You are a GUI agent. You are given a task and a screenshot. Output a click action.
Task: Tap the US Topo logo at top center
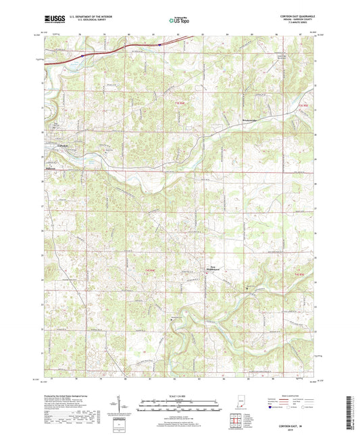click(180, 20)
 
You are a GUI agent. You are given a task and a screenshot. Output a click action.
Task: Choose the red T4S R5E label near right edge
click(301, 275)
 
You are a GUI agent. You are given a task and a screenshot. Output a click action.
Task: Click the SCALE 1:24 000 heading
click(180, 396)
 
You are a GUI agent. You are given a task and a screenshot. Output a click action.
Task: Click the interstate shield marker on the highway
click(160, 45)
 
